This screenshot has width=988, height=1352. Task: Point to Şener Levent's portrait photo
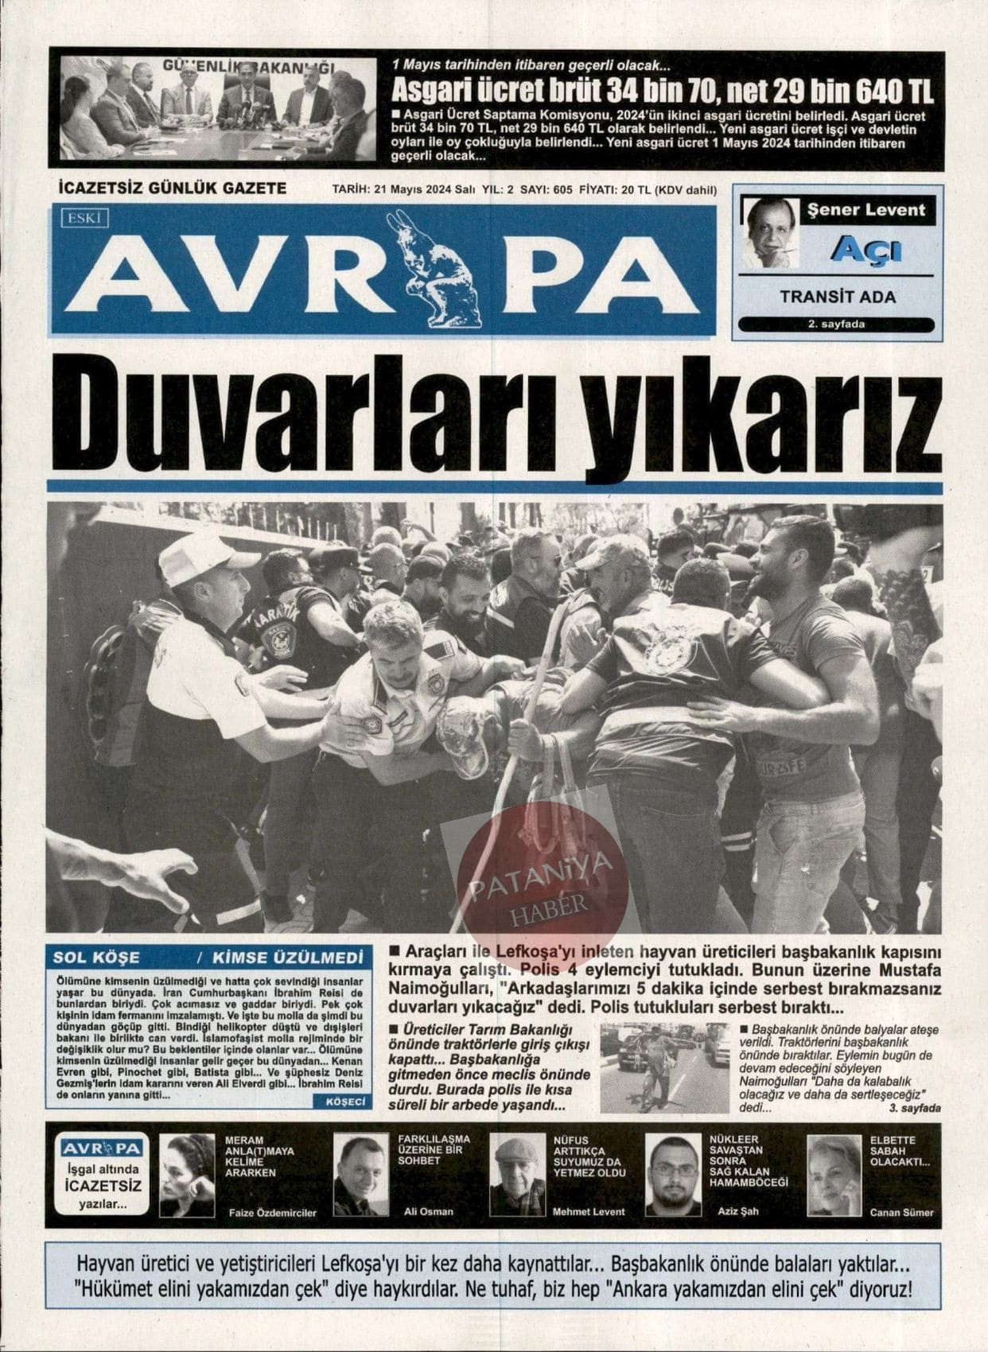[770, 233]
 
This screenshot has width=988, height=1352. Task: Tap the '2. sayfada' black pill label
[836, 324]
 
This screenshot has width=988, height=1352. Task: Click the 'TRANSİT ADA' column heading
[838, 297]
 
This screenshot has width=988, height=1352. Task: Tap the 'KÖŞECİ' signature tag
[344, 1101]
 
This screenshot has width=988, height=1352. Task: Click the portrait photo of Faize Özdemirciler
[188, 1175]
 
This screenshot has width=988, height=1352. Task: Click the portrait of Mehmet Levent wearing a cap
[517, 1175]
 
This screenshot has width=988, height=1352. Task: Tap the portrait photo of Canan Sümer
[834, 1175]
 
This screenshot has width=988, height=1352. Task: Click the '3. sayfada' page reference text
[915, 1108]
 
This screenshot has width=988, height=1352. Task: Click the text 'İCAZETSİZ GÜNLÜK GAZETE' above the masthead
[173, 188]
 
